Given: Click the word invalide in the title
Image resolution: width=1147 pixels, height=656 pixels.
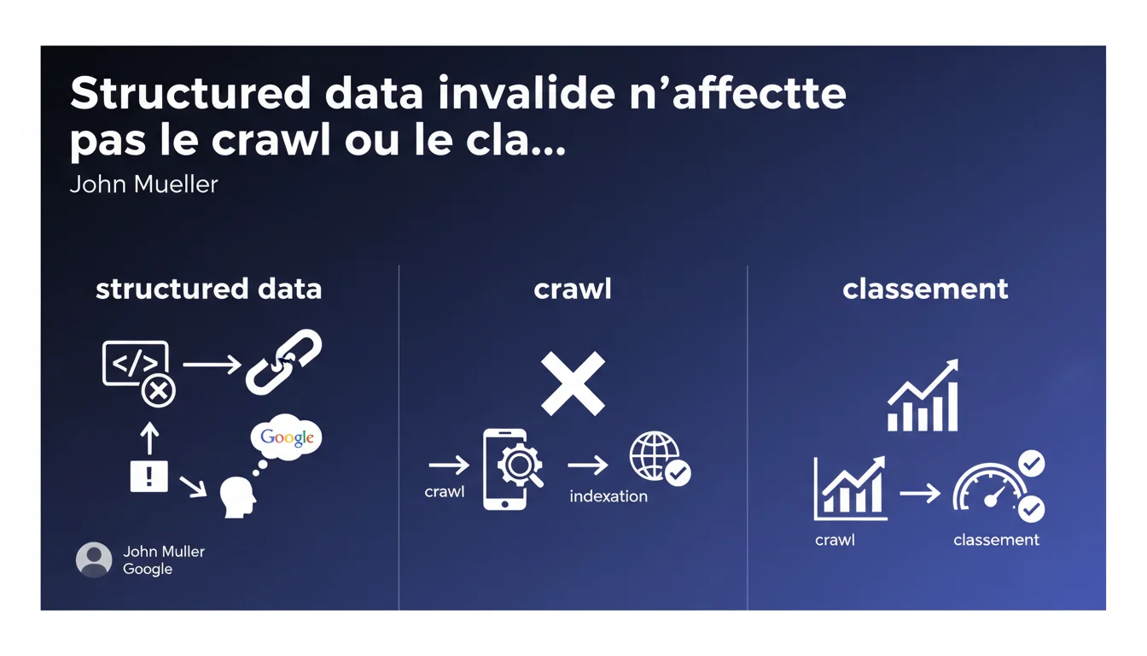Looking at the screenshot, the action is click(526, 93).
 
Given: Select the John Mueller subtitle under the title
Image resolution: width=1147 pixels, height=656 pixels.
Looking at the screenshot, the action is click(144, 184).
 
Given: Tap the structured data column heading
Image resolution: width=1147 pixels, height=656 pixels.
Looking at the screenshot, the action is click(209, 289).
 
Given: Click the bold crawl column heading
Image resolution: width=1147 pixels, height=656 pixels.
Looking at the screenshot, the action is click(573, 289).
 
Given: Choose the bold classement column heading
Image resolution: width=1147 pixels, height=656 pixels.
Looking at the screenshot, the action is click(925, 289).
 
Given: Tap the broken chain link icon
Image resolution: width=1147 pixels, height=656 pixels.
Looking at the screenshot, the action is click(283, 362).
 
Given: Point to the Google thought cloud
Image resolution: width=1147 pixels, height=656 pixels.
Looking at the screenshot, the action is click(286, 437).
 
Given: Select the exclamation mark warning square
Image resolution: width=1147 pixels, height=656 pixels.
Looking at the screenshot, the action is click(149, 477).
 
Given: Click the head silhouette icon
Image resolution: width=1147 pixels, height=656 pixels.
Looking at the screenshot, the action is click(237, 497).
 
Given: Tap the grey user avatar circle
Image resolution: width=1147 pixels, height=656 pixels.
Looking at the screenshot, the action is click(94, 559).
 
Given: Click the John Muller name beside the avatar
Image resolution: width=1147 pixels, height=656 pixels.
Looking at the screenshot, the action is click(164, 552).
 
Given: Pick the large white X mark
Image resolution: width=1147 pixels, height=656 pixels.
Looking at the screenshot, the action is click(573, 384).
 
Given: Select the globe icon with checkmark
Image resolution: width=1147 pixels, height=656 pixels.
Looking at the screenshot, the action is click(660, 458).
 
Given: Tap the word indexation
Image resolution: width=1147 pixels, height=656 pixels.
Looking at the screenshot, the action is click(608, 496).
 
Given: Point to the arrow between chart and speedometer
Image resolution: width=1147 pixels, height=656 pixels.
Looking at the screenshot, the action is click(920, 494).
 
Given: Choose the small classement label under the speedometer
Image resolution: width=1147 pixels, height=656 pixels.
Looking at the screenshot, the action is click(997, 540).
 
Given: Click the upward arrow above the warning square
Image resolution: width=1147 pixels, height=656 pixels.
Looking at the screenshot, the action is click(149, 438).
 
